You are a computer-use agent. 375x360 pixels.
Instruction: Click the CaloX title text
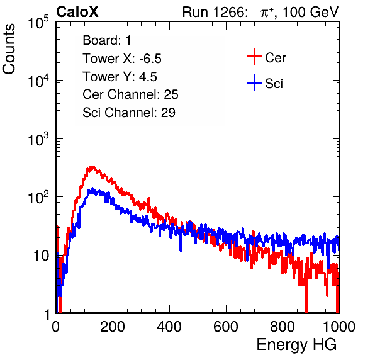pos(77,12)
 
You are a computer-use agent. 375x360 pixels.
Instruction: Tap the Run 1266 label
pos(214,12)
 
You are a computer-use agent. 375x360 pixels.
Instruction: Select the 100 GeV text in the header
pos(310,12)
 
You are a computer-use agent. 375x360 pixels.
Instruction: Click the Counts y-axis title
pos(9,49)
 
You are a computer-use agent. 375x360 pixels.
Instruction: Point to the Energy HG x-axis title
pos(296,345)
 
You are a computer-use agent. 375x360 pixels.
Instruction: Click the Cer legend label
pos(275,58)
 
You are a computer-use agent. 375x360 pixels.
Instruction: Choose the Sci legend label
pos(274,84)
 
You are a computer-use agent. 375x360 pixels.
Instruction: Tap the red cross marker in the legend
pos(254,57)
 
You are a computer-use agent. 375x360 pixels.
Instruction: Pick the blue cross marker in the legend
pos(254,82)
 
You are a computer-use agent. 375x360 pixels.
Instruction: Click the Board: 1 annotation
pos(107,40)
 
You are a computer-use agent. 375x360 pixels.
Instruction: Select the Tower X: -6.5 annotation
pos(122,59)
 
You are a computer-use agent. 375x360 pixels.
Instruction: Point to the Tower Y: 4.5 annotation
pos(120,77)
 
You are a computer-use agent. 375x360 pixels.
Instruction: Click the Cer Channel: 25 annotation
pos(130,94)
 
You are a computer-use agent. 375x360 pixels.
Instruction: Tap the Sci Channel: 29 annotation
pos(129,113)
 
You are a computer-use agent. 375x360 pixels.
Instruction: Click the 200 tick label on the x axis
pos(113,327)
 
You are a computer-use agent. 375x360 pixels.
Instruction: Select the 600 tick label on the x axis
pos(226,327)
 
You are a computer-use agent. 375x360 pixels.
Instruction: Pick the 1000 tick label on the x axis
pos(339,327)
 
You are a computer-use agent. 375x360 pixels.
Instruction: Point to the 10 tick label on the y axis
pos(41,256)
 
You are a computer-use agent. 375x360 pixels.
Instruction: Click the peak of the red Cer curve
pos(92,167)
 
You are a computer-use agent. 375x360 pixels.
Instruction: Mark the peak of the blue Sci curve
pos(89,189)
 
